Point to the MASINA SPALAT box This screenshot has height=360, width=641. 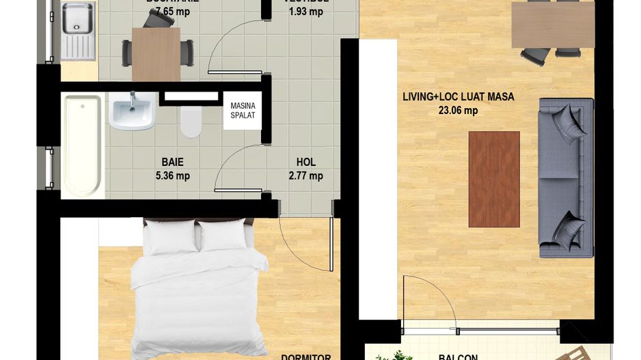[242, 110]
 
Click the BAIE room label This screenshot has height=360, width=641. [172, 163]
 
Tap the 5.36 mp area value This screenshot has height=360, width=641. [172, 176]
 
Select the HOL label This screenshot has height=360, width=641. [305, 163]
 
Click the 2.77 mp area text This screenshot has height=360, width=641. [305, 176]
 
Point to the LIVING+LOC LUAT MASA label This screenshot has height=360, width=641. [458, 97]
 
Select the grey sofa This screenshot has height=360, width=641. [566, 178]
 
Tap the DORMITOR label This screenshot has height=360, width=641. [306, 357]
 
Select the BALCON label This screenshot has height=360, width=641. [458, 357]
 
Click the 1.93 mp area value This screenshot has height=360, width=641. [305, 11]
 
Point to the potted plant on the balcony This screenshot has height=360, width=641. [395, 355]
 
